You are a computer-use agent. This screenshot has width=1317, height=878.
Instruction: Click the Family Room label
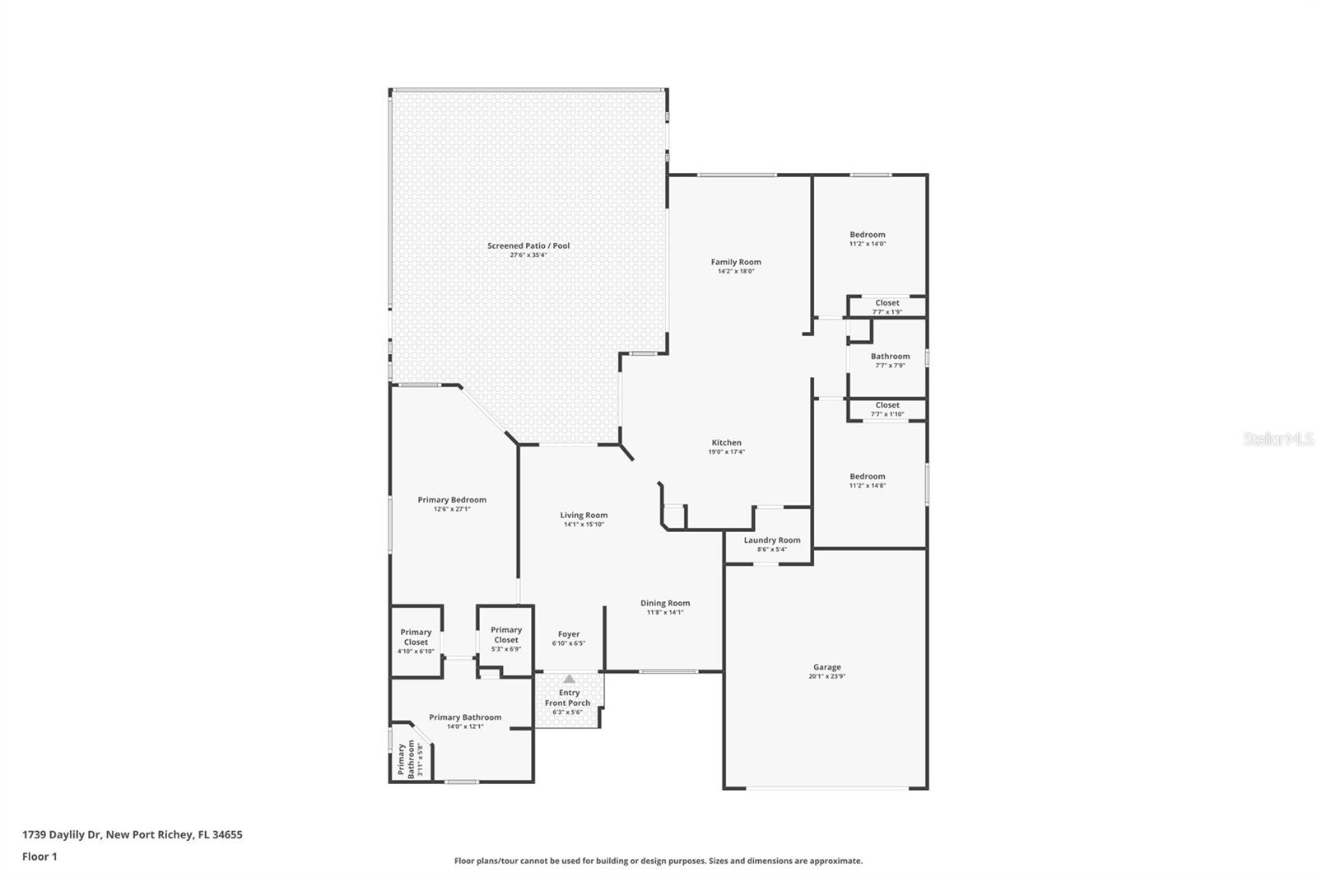(736, 262)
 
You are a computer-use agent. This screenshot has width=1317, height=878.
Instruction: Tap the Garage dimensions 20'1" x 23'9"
(826, 676)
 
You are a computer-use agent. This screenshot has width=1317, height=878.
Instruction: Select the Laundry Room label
(771, 540)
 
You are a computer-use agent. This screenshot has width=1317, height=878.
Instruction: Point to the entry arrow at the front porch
(569, 679)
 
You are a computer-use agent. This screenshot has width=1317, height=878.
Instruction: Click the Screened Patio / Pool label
(528, 245)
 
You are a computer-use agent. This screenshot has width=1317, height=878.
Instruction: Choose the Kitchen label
(726, 442)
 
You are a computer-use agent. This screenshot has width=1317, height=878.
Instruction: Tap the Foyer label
(568, 634)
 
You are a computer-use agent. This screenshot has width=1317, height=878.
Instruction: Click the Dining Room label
(665, 603)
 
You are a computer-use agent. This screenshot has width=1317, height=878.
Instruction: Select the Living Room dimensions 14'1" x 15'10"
(584, 524)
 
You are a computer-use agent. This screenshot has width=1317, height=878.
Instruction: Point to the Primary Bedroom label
(451, 499)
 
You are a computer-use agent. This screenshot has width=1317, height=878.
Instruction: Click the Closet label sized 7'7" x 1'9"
(887, 303)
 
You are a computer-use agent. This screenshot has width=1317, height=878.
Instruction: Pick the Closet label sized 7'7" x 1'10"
(887, 405)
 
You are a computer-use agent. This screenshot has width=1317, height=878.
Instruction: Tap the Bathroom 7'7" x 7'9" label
(890, 357)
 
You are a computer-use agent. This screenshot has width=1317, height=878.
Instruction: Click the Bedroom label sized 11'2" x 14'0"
(867, 235)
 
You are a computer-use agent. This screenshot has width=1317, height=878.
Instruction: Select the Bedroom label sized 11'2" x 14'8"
(867, 476)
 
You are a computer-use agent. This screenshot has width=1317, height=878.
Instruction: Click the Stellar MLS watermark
(1277, 439)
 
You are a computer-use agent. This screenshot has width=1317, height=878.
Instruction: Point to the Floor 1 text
(40, 857)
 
